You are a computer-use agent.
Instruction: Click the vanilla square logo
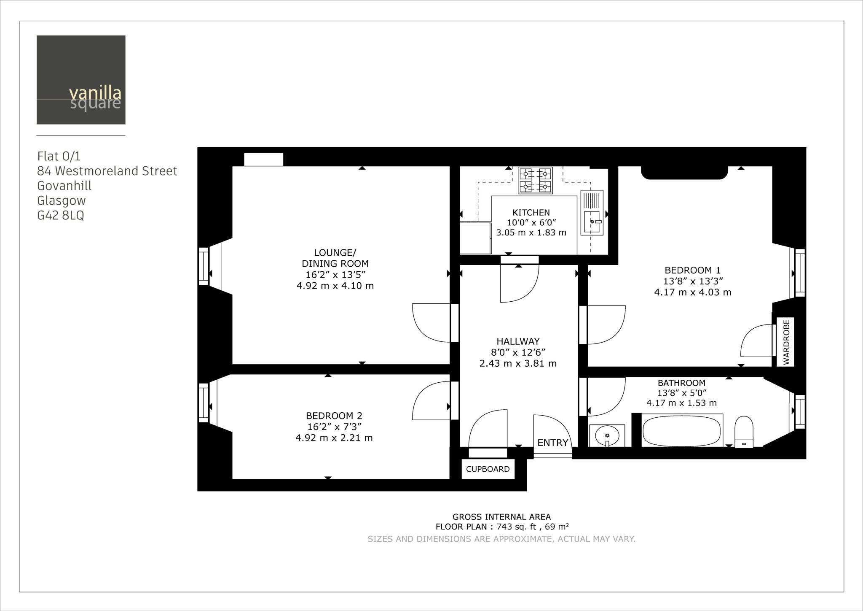81,80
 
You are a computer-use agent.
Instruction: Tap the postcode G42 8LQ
61,216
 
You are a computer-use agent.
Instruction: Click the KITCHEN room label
531,213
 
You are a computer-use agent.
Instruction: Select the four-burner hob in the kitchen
535,180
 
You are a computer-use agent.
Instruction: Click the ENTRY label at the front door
552,443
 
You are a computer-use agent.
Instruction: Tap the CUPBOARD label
488,469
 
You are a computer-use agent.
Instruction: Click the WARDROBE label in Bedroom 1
786,342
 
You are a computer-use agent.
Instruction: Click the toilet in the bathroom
744,431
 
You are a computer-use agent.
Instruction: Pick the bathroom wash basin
607,435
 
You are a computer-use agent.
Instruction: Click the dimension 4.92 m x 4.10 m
335,286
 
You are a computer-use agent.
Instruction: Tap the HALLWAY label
518,341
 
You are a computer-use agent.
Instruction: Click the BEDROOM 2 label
334,416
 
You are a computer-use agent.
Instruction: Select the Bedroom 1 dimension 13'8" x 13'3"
693,281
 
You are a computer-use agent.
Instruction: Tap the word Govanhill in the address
64,186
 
